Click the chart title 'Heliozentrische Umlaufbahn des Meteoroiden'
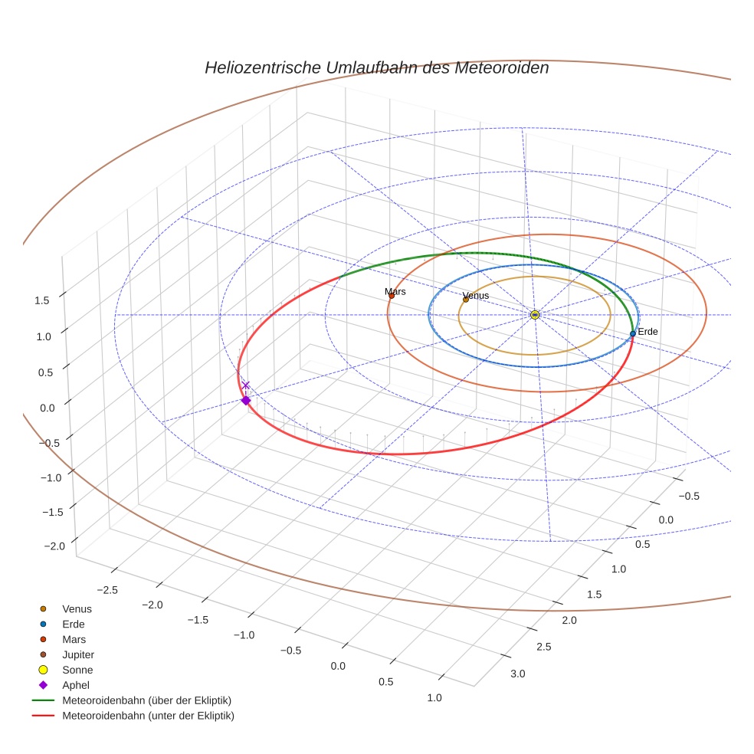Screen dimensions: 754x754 (376, 67)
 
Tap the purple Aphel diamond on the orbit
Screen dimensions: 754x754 (246, 400)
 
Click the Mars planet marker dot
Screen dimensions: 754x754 (392, 296)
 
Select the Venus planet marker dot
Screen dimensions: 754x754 (465, 300)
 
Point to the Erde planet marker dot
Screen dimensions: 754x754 (632, 333)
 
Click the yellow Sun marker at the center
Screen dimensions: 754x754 (535, 315)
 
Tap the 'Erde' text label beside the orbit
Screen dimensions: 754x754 (647, 332)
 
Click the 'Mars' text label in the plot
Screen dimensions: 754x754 (395, 291)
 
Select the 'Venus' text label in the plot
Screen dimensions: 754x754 (476, 296)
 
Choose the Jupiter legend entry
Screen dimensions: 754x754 (77, 654)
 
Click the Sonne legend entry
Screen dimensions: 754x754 (77, 670)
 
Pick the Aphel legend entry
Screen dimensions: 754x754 (77, 685)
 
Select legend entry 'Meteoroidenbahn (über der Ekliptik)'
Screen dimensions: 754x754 (146, 700)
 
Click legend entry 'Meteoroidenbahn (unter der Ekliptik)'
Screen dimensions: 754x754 (148, 716)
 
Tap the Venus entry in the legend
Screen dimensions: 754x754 (77, 608)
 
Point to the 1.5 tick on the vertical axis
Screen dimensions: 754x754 (42, 300)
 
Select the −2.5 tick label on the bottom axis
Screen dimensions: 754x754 (109, 589)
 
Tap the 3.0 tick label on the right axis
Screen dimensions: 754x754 (517, 674)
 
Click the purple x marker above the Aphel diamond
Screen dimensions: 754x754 (246, 385)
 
